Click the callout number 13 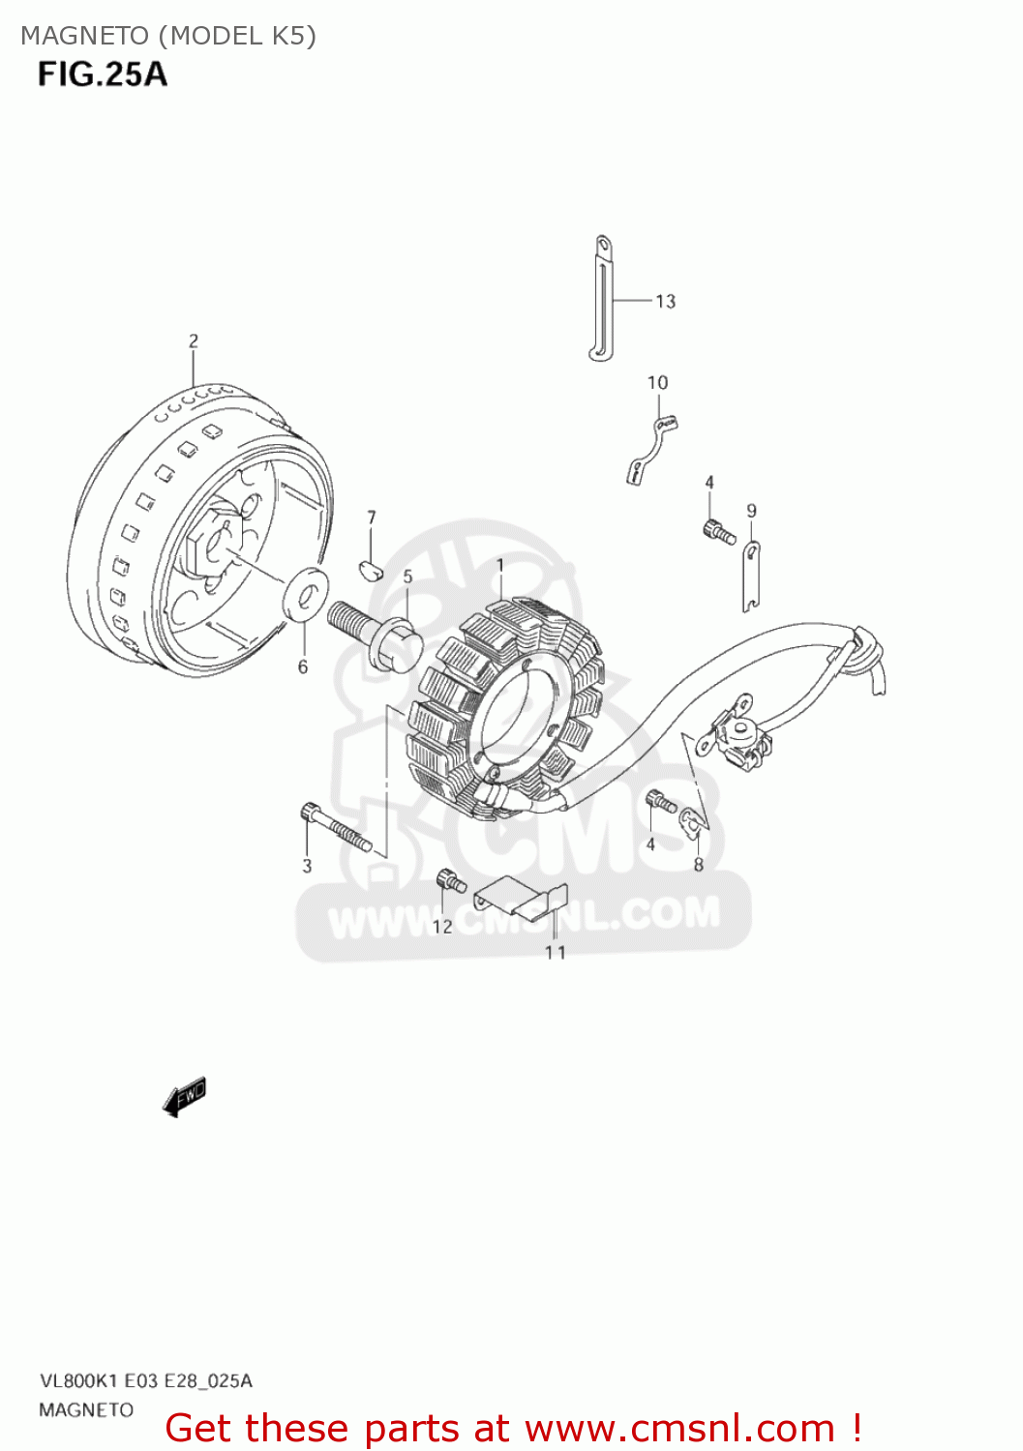point(665,302)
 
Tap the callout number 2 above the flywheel point(194,341)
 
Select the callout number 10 point(657,383)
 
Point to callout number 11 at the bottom point(556,953)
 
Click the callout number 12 point(442,927)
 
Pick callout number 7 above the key point(372,518)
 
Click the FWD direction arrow point(184,1097)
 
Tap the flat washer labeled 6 point(305,594)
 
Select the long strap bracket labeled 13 point(601,300)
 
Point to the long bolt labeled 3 point(335,828)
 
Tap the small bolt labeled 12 point(451,881)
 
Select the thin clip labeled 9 point(751,577)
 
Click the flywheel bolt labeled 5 point(376,634)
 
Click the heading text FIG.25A point(103,74)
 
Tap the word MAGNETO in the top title point(85,36)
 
